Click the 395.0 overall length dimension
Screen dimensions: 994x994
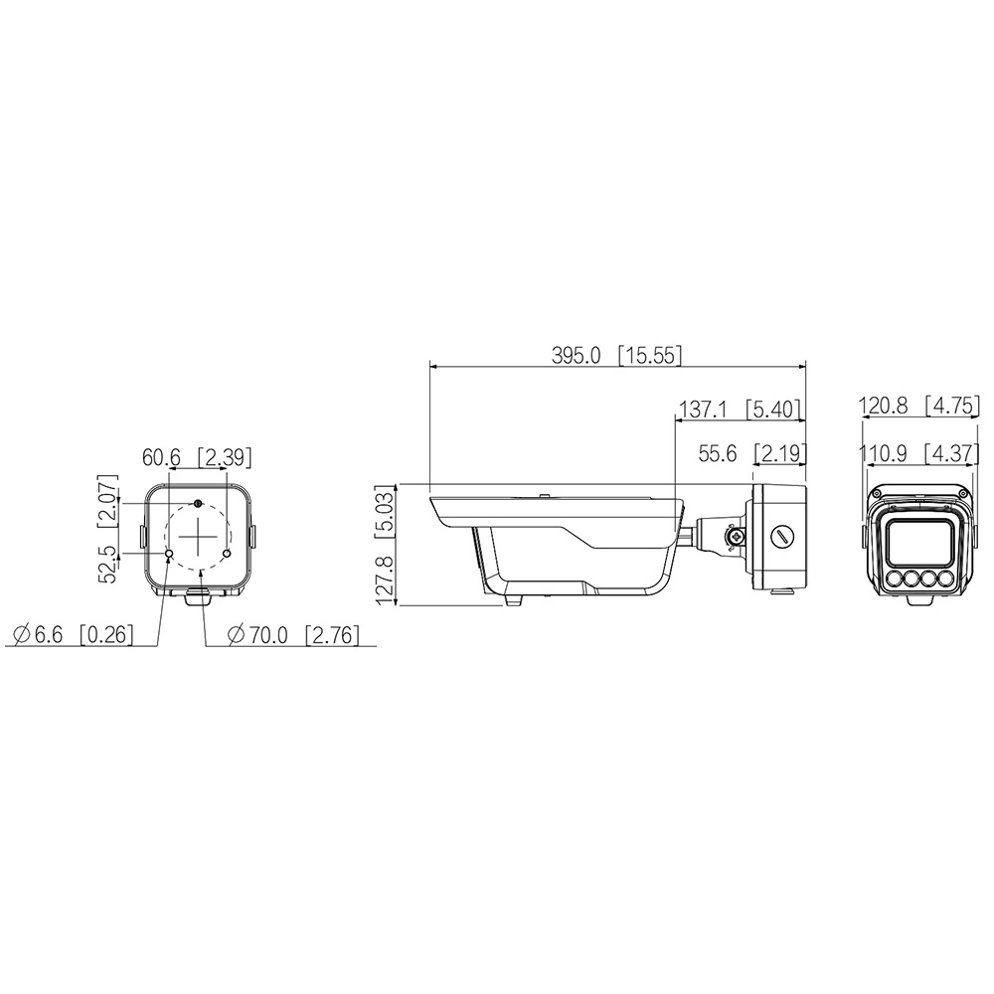click(576, 356)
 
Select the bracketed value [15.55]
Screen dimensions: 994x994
click(650, 356)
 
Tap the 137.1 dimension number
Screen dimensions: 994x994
click(703, 410)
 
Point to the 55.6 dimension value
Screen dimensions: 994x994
click(718, 453)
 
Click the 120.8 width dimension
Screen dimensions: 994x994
click(884, 406)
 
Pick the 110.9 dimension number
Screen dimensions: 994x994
click(883, 453)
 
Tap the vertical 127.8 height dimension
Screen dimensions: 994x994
click(386, 580)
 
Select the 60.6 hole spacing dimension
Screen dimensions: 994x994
click(161, 457)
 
